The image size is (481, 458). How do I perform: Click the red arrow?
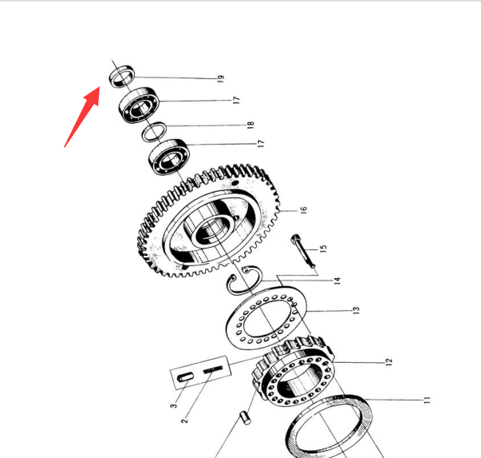pos(82,117)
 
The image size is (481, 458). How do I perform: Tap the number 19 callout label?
pos(221,78)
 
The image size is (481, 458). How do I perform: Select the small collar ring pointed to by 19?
pos(122,76)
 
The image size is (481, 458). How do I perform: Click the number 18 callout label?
pos(250,125)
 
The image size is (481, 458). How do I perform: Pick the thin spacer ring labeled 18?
pos(154,132)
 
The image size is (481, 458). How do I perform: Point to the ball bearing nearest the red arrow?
pos(140,105)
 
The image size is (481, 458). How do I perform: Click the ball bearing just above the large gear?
pos(169,157)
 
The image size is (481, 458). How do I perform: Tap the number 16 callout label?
pos(303,210)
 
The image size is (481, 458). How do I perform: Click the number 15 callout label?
pos(323,249)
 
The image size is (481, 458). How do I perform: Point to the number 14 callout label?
pos(337,281)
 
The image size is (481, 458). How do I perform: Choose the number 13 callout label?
pos(356,310)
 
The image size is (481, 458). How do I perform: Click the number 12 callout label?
pos(388,362)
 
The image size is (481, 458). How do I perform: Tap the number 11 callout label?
pos(427,400)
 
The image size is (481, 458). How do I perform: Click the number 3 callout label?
pos(174,406)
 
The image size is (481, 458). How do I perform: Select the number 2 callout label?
pos(184,420)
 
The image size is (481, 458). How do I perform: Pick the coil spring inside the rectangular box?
pos(213,368)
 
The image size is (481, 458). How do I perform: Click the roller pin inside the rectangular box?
pos(186,376)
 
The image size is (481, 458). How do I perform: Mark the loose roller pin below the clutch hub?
pos(246,418)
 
